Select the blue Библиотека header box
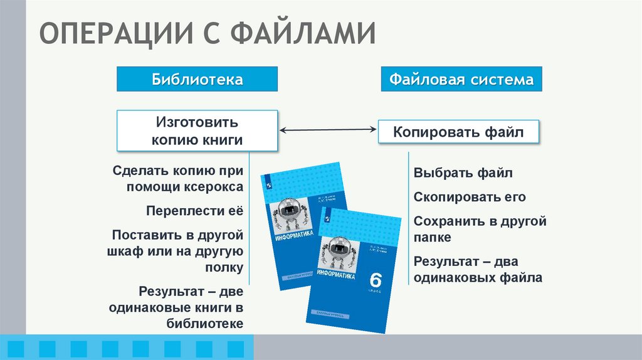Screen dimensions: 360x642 coord(197,80)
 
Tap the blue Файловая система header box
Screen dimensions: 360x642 coord(461,80)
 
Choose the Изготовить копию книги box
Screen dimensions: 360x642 coord(197,130)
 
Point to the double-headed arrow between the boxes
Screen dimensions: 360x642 coord(327,130)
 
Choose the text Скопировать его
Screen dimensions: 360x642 coord(470,197)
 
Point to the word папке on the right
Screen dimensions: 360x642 coord(433,238)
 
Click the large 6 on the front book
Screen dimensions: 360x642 coord(376,279)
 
